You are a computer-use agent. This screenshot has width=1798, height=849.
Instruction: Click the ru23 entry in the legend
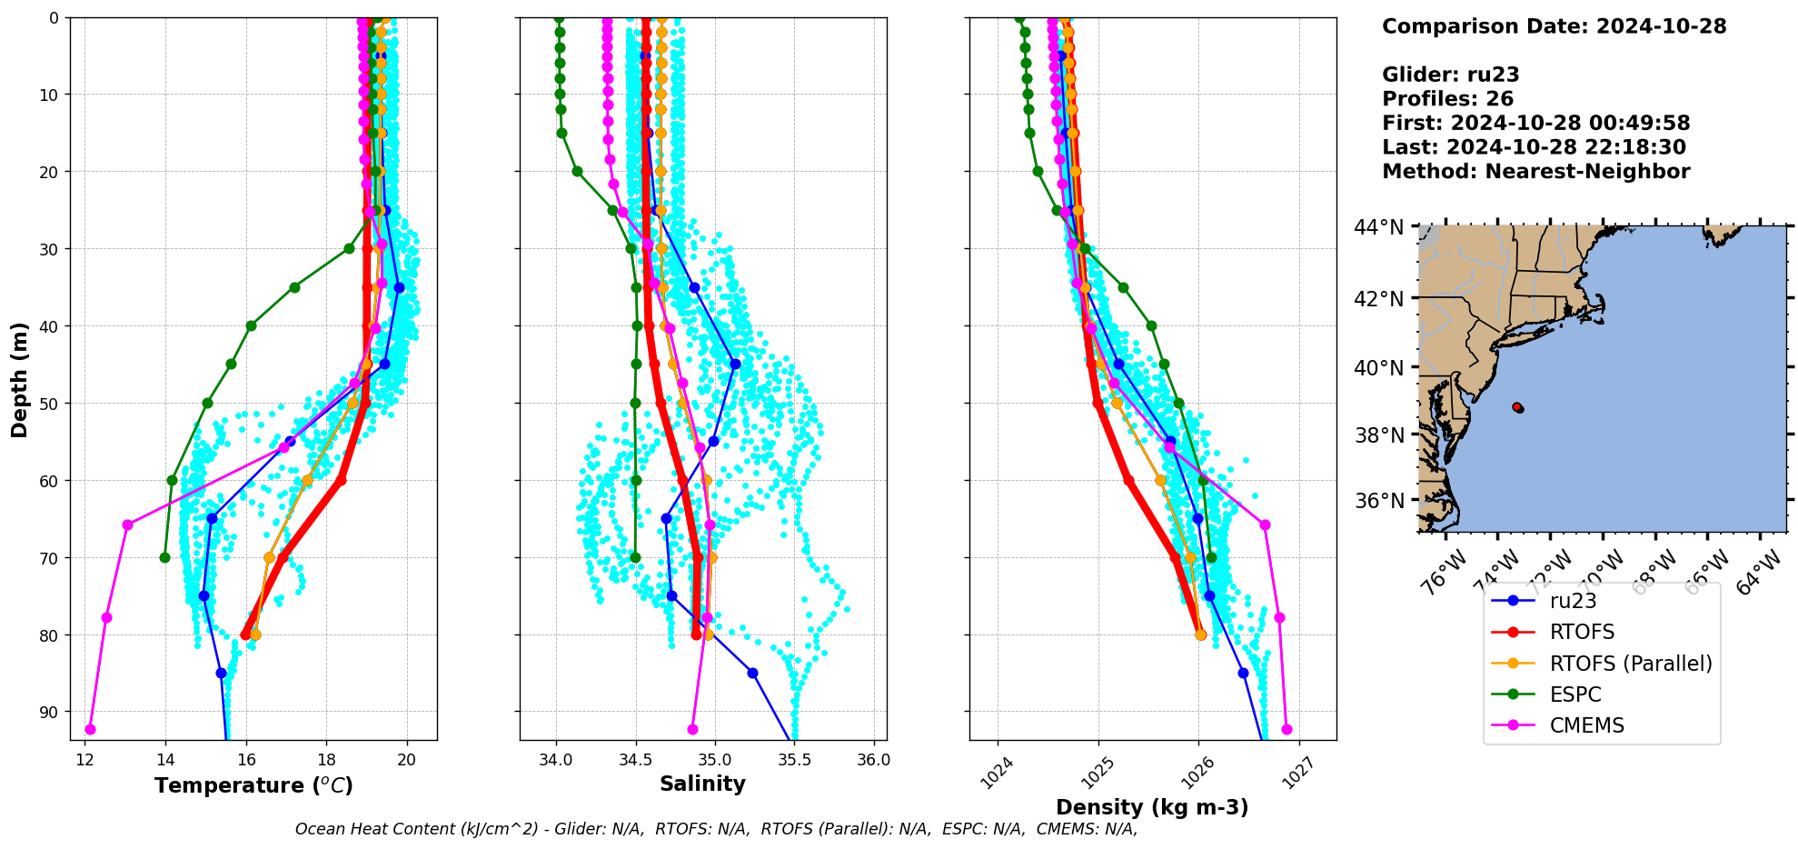[1573, 601]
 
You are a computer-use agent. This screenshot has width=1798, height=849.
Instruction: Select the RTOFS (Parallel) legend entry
[1631, 664]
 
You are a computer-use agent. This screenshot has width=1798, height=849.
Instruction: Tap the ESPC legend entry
[1575, 694]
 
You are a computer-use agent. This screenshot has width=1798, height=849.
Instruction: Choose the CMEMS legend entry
[1586, 725]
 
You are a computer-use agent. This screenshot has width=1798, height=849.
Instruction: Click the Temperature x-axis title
[253, 785]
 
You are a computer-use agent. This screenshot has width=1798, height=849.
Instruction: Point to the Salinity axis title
[702, 784]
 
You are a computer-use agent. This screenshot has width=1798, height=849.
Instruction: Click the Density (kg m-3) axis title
[1152, 807]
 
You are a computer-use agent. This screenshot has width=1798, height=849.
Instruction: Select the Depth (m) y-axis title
[20, 379]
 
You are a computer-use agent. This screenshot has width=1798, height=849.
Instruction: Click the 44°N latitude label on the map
[1378, 227]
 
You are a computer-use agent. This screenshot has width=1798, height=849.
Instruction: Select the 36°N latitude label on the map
[1378, 501]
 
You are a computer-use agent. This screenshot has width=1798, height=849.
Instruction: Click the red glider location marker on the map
[1518, 408]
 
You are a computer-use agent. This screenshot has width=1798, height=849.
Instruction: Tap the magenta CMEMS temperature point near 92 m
[90, 729]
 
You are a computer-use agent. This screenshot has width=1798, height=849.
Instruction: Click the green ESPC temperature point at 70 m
[164, 557]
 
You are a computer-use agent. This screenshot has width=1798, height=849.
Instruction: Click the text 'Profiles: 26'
[1447, 99]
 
